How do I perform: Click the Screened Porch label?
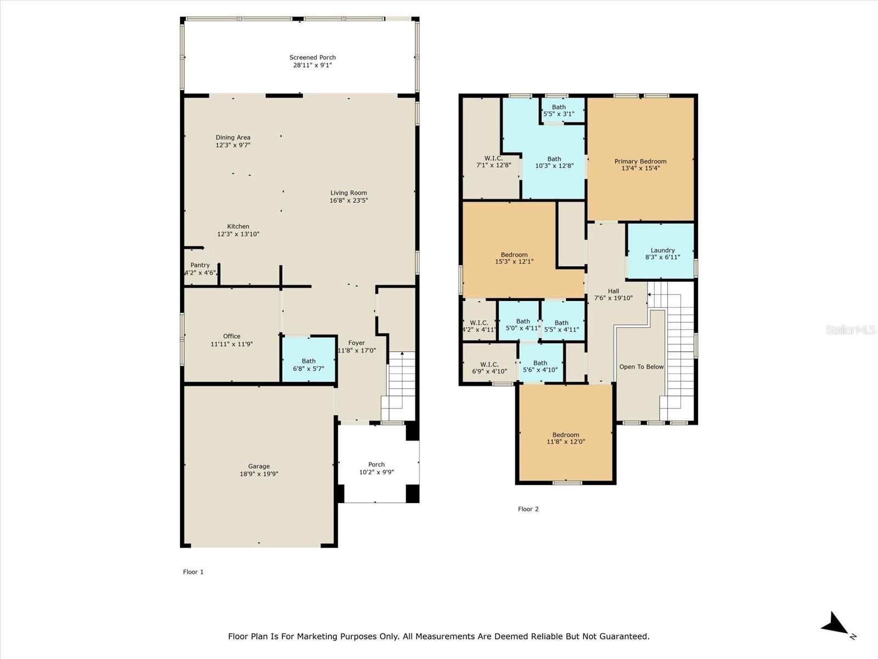point(312,58)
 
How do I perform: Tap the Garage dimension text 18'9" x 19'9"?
point(258,474)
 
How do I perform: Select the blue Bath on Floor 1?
point(308,365)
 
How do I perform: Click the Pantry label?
point(200,265)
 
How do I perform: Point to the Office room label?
point(232,337)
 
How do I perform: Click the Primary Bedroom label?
point(640,161)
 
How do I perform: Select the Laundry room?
point(662,253)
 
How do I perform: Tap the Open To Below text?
point(641,367)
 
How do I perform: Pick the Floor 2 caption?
point(528,509)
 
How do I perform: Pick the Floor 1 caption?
point(193,572)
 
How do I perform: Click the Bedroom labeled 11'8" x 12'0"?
point(566,438)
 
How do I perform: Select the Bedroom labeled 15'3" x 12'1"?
point(514,258)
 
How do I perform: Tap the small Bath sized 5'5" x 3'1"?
point(559,110)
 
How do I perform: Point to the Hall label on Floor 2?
point(613,292)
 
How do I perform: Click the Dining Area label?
point(233,138)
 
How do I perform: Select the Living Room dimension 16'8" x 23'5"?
point(348,200)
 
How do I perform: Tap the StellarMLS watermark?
point(850,329)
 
